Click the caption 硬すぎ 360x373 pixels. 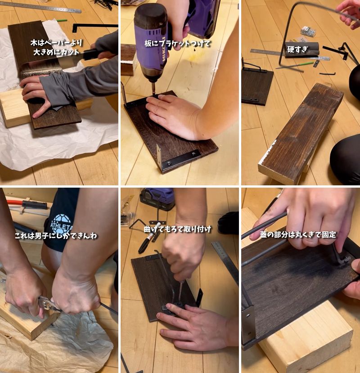click(x=297, y=49)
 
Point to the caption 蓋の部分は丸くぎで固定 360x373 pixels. click(x=297, y=235)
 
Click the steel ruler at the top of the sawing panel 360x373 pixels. click(x=40, y=7)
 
